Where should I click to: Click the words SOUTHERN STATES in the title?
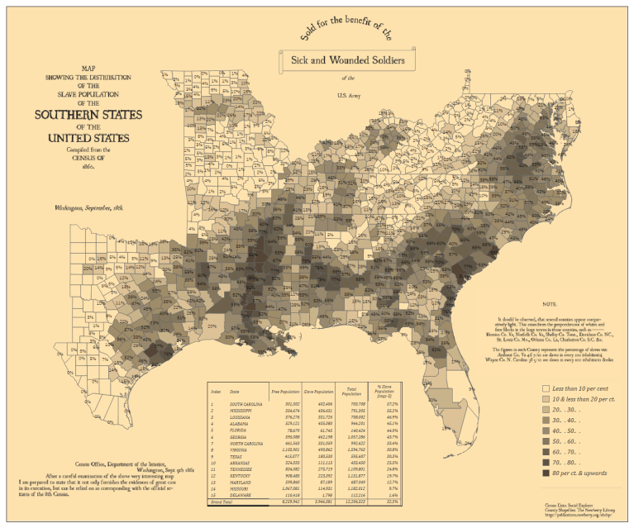88,114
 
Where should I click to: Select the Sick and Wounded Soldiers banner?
346,59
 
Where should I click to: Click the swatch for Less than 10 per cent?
546,387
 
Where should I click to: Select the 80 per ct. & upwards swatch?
546,474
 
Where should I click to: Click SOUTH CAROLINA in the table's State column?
247,404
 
